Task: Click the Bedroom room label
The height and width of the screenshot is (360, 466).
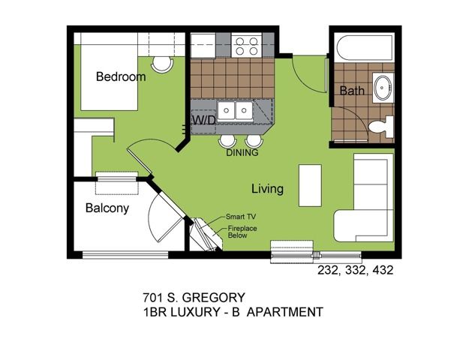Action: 121,76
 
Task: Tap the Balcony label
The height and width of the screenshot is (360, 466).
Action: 107,208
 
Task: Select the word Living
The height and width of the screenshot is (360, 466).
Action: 267,189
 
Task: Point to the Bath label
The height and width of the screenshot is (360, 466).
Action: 352,90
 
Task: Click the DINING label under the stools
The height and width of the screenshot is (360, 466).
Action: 242,153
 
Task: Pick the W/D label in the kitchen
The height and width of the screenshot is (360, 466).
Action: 204,120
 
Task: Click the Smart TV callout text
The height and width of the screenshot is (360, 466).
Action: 241,217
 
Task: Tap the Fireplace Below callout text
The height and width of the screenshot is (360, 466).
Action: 242,232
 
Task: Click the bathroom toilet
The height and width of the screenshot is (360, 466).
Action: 381,127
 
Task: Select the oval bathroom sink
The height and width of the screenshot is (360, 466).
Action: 383,87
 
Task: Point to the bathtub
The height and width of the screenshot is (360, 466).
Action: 365,47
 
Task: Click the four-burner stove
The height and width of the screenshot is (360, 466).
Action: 247,46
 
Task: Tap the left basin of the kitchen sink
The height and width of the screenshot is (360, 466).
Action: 226,110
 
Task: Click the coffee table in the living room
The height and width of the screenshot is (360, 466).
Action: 310,185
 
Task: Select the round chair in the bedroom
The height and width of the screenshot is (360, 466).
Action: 162,64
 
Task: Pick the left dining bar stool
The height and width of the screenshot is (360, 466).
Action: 227,141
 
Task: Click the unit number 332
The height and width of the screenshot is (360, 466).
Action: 355,270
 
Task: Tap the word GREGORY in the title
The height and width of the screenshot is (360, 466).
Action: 213,297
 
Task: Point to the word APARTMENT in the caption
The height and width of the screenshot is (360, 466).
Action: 285,312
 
